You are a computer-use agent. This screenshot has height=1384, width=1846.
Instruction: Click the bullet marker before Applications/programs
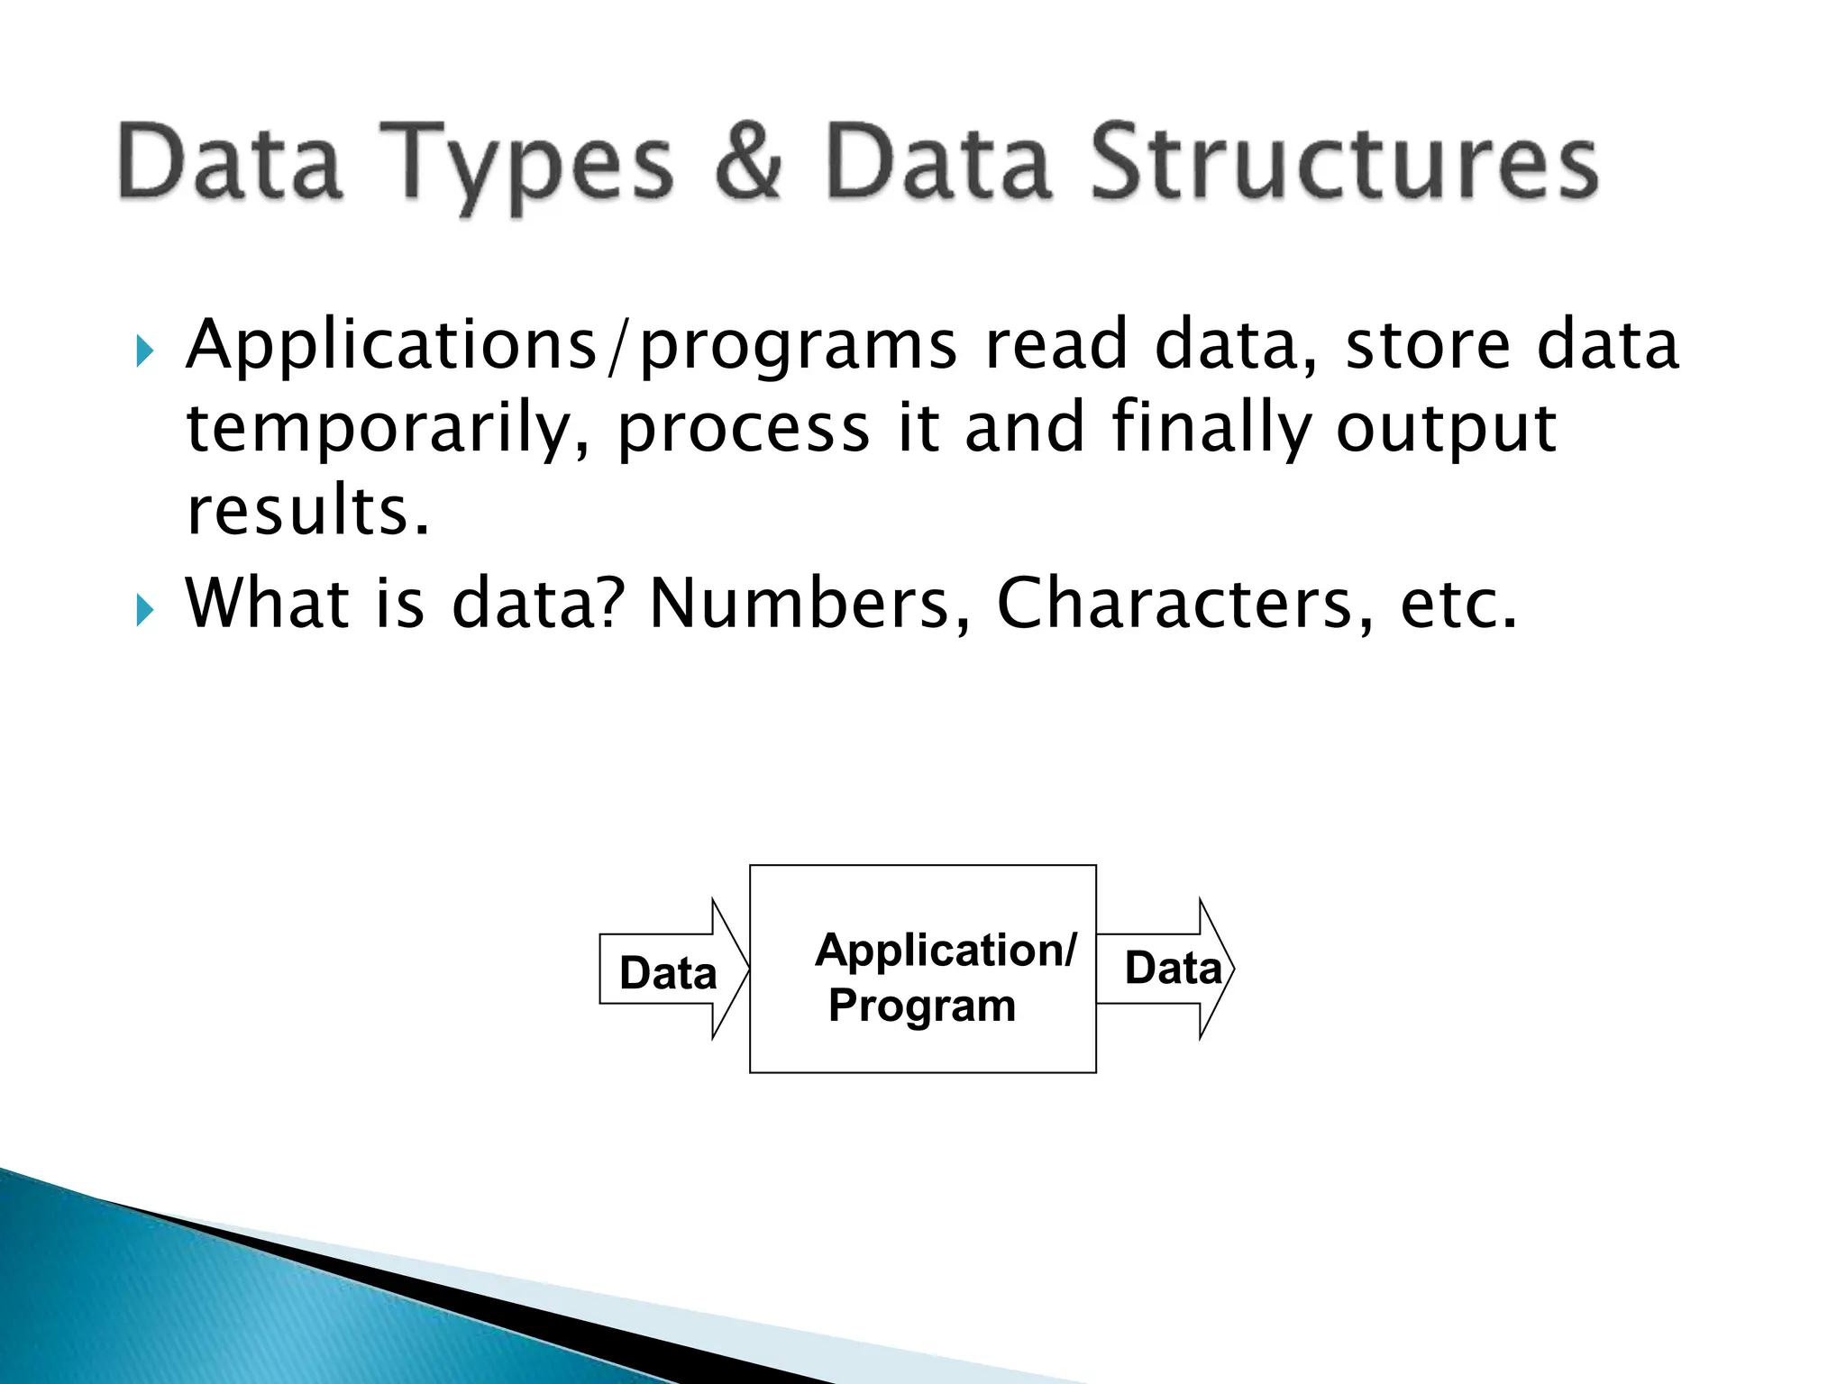pyautogui.click(x=144, y=351)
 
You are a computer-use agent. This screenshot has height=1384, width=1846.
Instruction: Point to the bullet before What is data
pyautogui.click(x=144, y=610)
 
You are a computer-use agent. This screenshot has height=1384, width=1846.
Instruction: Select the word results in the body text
pyautogui.click(x=306, y=511)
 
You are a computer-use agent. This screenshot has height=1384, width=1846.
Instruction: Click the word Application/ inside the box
pyautogui.click(x=945, y=951)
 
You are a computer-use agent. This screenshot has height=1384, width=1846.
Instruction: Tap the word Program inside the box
pyautogui.click(x=921, y=1005)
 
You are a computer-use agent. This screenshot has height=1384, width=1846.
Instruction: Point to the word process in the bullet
pyautogui.click(x=743, y=431)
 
